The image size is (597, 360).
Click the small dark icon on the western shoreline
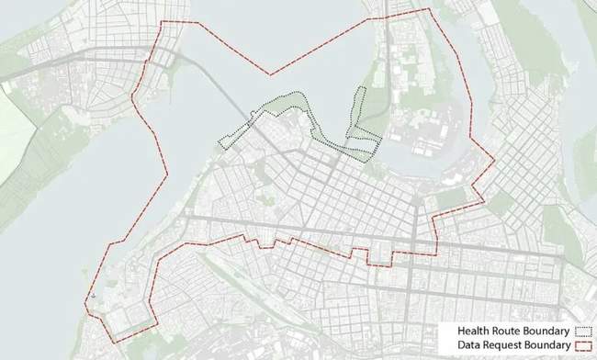tap(93, 297)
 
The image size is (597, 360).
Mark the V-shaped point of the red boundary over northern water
tap(269, 74)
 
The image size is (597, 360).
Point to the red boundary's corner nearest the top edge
tap(428, 9)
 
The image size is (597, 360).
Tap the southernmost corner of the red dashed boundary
tap(116, 343)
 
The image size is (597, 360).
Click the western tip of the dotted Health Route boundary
tap(219, 143)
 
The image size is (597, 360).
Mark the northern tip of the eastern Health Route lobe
tap(362, 88)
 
